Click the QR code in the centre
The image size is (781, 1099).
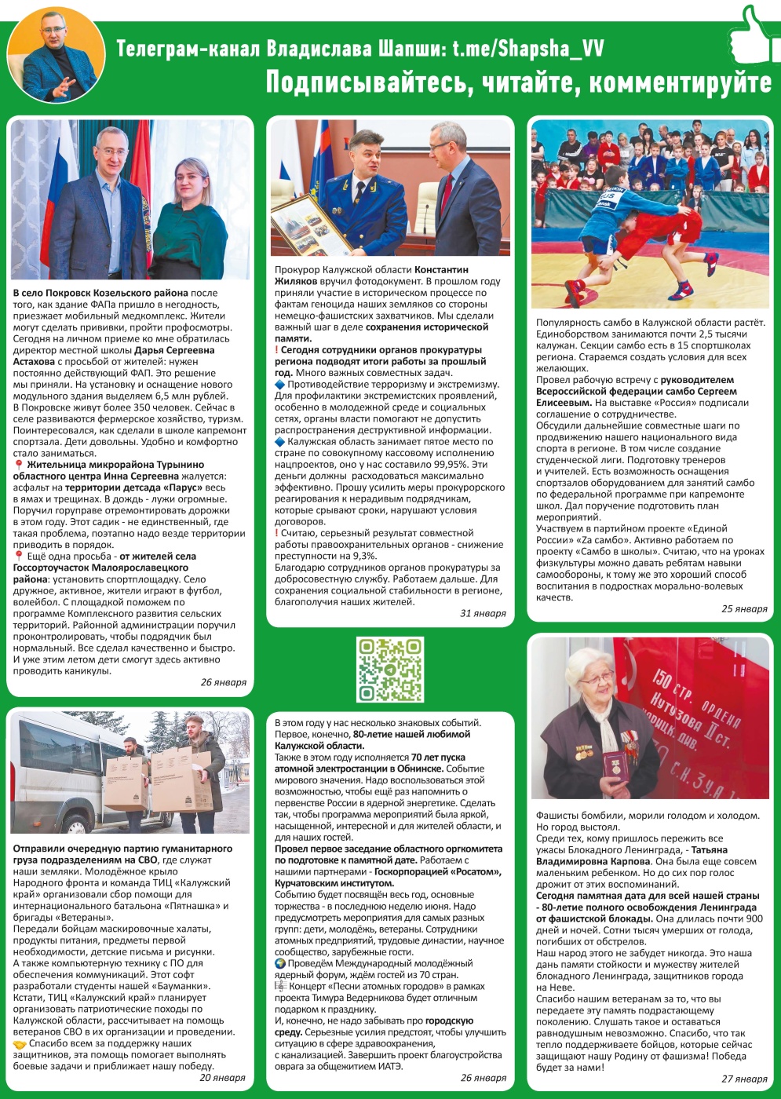coord(390,669)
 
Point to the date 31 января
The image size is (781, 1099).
coord(483,613)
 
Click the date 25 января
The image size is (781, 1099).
coord(744,608)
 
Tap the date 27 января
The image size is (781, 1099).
coord(744,1079)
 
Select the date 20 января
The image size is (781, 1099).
coord(222,1078)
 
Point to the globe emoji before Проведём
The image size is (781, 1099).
coord(280,963)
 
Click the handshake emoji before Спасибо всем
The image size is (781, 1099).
coord(20,1044)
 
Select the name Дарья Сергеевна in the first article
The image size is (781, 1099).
coord(174,350)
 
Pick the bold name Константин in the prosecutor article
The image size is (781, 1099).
coord(441,269)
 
